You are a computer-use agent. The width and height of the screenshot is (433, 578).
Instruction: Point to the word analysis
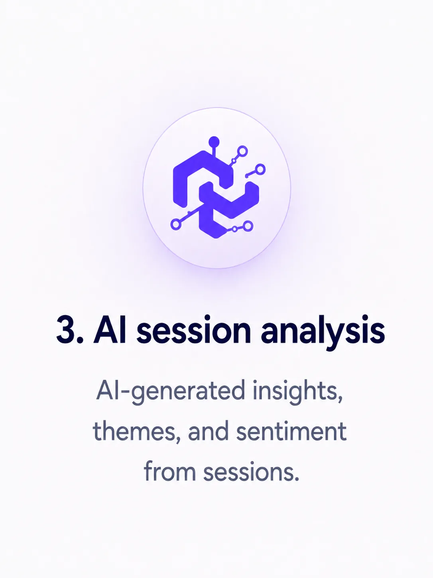point(323,332)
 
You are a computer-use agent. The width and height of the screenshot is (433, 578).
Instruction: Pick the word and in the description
point(208,432)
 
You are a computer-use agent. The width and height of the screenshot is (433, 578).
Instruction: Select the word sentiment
point(291,432)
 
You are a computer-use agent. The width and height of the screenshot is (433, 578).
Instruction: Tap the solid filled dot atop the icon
point(214,141)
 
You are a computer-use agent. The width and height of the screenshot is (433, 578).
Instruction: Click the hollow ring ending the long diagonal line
point(175,224)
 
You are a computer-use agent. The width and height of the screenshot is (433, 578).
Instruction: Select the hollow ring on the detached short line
point(260,169)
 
